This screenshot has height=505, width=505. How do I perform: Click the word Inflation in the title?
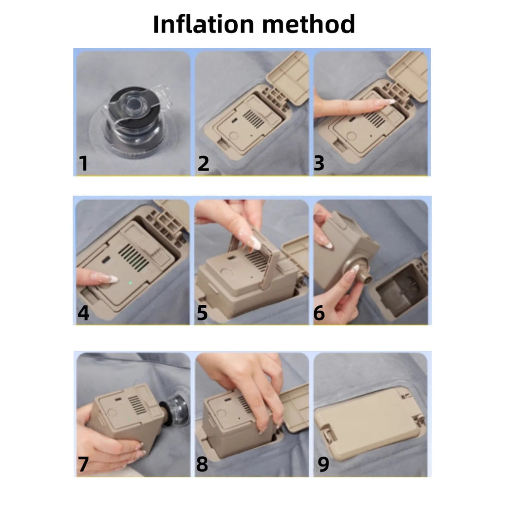click(204, 24)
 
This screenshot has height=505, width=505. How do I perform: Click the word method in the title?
click(309, 24)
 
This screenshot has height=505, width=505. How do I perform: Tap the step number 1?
click(83, 163)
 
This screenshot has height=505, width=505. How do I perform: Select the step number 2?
click(203, 163)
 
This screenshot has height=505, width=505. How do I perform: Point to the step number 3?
click(319, 163)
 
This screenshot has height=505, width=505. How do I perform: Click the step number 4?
click(83, 312)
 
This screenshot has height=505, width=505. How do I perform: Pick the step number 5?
click(202, 312)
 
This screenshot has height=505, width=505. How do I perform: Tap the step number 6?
click(319, 313)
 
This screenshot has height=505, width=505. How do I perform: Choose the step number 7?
click(83, 464)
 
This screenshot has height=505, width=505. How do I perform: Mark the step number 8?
click(202, 464)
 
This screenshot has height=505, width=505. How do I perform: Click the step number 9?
click(324, 464)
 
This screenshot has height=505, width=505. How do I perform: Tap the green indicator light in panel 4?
click(130, 283)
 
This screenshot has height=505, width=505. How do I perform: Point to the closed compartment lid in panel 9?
click(369, 424)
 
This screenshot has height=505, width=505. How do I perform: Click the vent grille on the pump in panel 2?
click(253, 118)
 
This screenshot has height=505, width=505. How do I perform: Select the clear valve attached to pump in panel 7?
click(178, 408)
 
